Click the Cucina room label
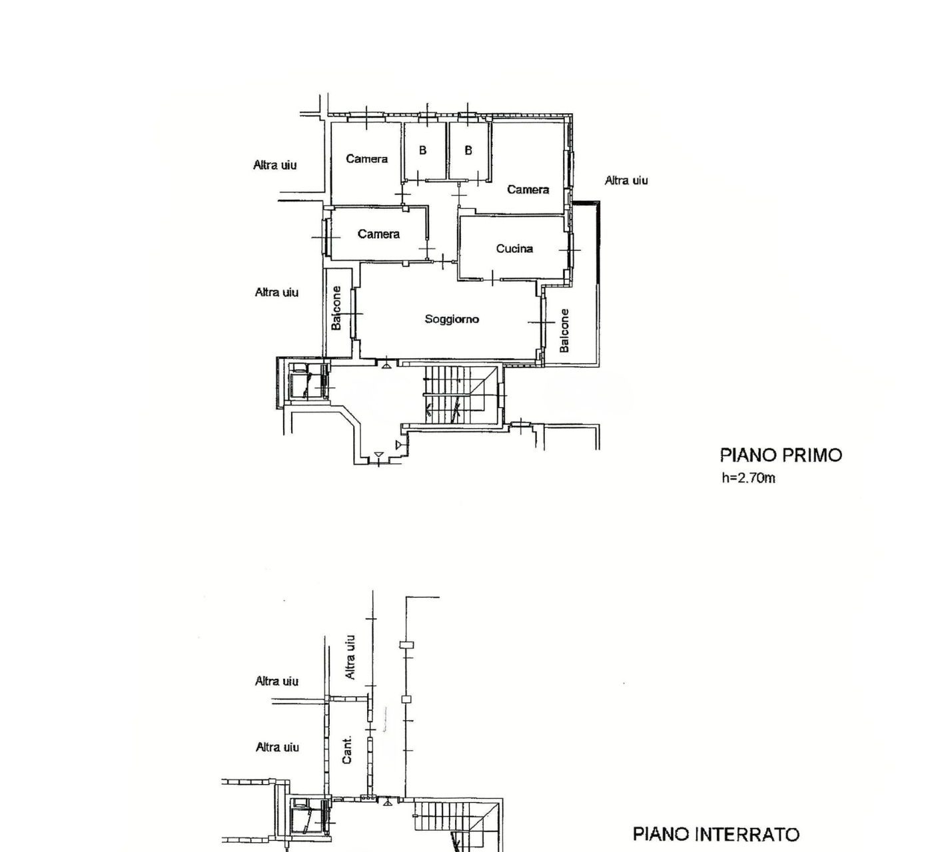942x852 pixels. pos(514,248)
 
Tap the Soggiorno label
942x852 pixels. pos(452,319)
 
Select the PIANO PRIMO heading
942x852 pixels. pos(781,455)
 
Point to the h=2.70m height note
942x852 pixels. pos(748,479)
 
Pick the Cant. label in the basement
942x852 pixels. pos(347,749)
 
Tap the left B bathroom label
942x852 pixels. pos(422,150)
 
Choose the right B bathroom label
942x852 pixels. pos(468,150)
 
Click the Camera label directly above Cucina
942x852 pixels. pos(528,189)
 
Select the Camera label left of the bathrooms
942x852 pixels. pos(367,158)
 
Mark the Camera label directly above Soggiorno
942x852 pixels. pos(378,234)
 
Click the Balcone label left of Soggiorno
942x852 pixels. pos(336,308)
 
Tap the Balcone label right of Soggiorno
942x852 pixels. pos(564,330)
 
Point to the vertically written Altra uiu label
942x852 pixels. pos(350,657)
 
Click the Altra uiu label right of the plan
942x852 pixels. pos(626,180)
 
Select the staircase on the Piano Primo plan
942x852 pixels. pos(460,394)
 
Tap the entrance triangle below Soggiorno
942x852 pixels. pos(386,365)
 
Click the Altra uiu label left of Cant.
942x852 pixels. pos(277,747)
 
